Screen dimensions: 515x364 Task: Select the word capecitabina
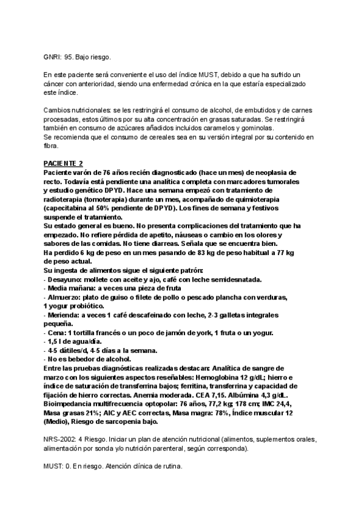pos(72,208)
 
